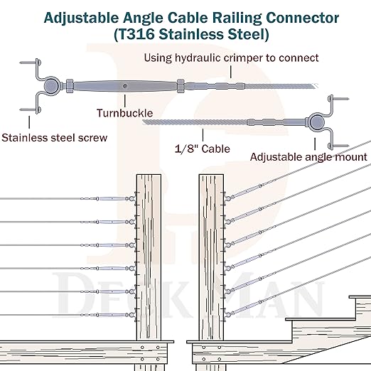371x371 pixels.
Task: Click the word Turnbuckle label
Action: click(x=124, y=112)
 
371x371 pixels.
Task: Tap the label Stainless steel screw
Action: click(x=55, y=137)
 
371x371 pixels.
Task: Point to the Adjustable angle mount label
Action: click(x=308, y=156)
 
